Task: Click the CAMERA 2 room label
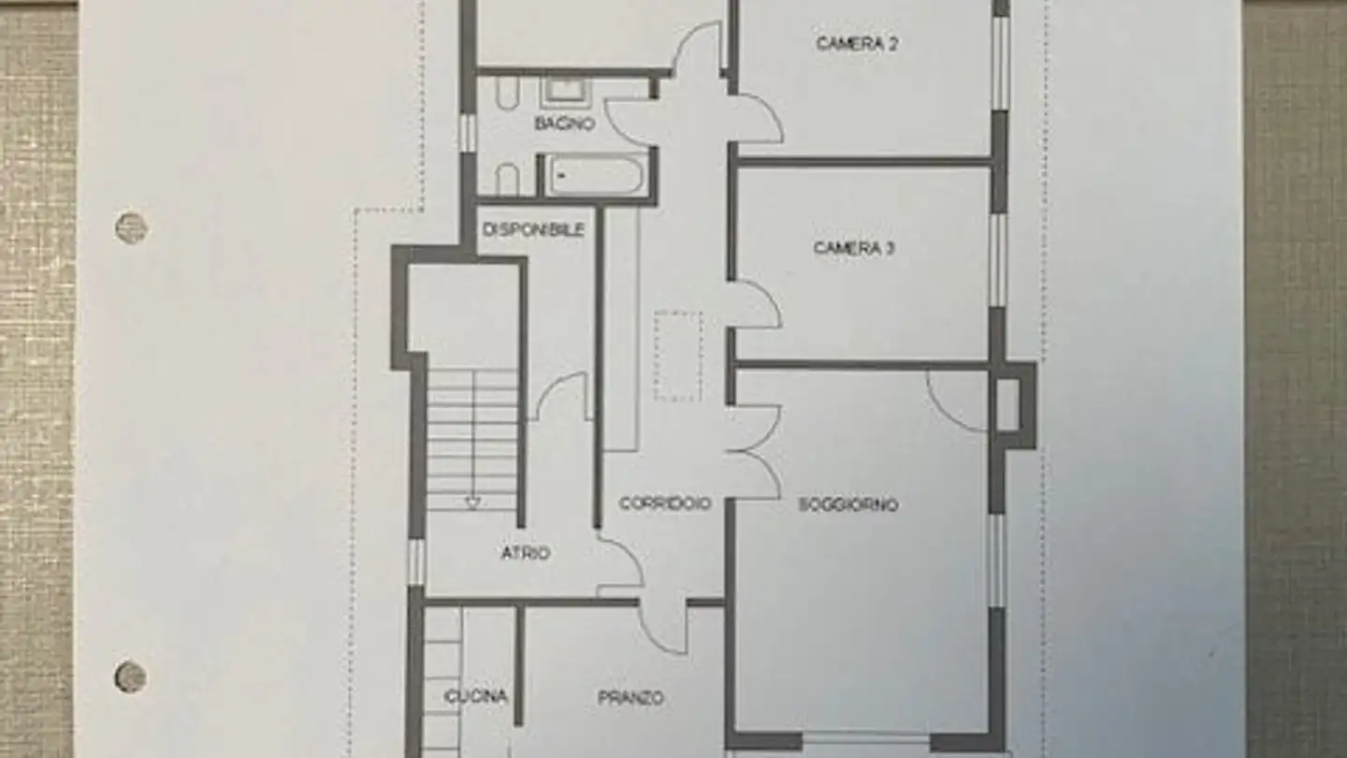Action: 857,43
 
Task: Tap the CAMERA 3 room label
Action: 854,248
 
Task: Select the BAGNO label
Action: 564,123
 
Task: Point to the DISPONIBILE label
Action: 534,229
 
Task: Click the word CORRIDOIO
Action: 665,503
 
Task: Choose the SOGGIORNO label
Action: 847,504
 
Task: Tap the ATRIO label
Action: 526,553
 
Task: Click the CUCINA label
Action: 476,696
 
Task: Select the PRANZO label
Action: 630,697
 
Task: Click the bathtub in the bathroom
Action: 595,175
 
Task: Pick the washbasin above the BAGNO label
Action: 566,90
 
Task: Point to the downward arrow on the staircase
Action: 472,503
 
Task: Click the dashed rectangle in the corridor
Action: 678,357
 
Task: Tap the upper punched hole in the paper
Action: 131,227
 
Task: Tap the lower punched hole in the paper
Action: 131,677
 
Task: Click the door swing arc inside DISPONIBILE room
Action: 563,393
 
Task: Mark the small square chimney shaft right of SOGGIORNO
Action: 1007,404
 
